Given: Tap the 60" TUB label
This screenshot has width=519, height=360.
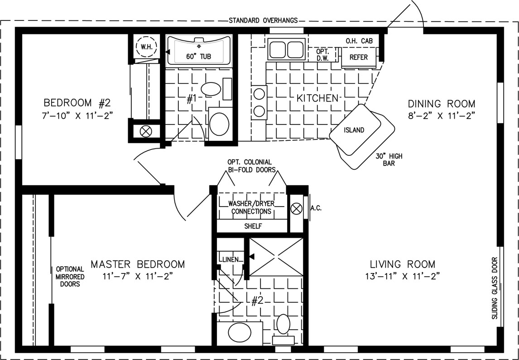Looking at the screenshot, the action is [198, 57].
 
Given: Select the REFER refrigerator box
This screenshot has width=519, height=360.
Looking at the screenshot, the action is [359, 57].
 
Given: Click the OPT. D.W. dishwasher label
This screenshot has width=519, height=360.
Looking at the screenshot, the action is [321, 55].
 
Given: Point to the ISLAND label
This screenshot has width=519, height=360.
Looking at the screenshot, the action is [354, 130].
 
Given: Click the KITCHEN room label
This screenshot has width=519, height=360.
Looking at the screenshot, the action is [317, 98].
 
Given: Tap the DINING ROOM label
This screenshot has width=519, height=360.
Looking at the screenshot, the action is [441, 104].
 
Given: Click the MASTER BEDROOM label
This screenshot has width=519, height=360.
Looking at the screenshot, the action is [138, 264].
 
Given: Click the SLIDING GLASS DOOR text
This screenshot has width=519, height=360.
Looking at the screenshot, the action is [495, 288].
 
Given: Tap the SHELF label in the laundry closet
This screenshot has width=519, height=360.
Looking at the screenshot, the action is [253, 227].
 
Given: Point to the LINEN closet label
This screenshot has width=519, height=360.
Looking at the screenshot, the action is [231, 260].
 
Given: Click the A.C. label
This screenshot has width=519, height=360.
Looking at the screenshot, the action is [316, 208].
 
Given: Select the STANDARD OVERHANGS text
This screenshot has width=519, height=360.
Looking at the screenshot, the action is [263, 20].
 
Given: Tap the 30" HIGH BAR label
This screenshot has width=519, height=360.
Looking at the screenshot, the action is [389, 160].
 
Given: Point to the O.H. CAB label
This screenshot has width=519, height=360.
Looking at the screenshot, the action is [359, 41].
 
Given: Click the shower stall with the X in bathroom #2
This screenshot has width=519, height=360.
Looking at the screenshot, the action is [276, 257].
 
